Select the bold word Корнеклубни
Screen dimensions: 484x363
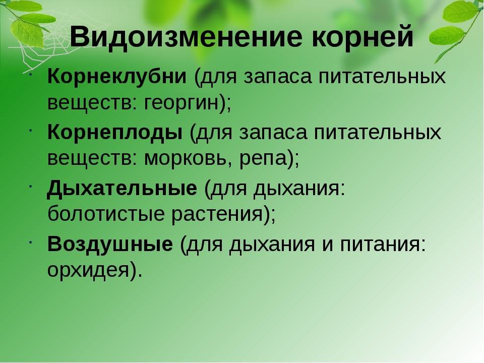click(x=117, y=76)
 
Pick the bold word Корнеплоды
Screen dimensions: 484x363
click(x=115, y=133)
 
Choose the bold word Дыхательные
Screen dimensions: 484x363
click(x=122, y=189)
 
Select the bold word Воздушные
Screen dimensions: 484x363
click(x=110, y=244)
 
